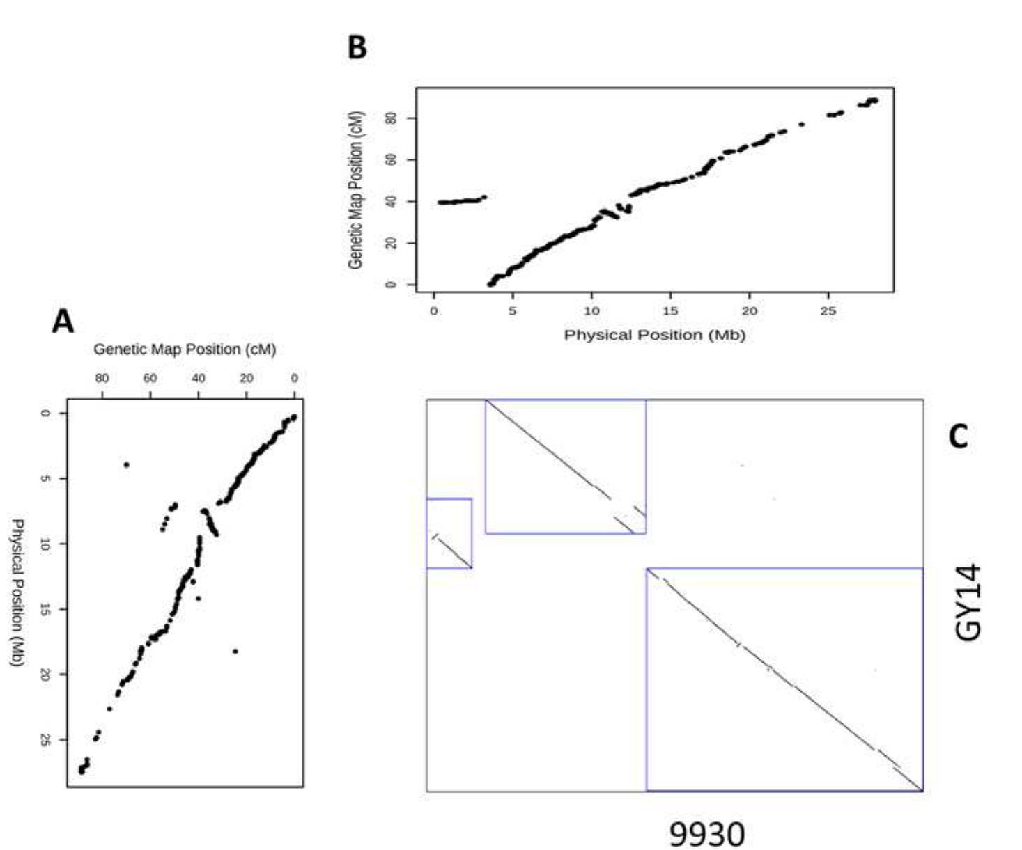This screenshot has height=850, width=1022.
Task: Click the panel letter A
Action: [x=63, y=322]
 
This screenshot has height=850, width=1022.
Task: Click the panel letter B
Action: [x=357, y=48]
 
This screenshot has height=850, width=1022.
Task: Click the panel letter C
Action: [x=958, y=436]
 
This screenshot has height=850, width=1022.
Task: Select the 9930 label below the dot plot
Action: [x=706, y=833]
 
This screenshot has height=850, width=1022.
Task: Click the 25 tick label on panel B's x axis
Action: [x=828, y=311]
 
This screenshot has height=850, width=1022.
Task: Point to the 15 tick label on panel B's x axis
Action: [x=670, y=311]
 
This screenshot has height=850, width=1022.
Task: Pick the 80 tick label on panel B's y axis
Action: [x=392, y=118]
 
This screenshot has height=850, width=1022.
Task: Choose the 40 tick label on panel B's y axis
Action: [x=392, y=201]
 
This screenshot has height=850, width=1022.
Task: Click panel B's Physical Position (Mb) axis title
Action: [x=654, y=335]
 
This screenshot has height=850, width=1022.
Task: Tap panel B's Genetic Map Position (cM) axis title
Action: [x=356, y=189]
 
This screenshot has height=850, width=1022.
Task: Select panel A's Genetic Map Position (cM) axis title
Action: [x=185, y=349]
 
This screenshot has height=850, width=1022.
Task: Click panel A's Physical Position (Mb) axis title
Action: [x=18, y=592]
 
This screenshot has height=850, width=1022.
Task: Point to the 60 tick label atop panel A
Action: [x=150, y=379]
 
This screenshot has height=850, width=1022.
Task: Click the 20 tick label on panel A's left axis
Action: [x=45, y=674]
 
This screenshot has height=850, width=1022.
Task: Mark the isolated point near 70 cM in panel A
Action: [x=126, y=464]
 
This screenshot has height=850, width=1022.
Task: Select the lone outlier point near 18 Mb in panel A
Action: [x=235, y=651]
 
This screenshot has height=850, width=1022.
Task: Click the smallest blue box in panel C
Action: [x=449, y=533]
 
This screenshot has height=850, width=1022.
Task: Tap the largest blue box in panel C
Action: [x=784, y=679]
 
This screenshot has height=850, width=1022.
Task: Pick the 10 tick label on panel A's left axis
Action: [x=45, y=544]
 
